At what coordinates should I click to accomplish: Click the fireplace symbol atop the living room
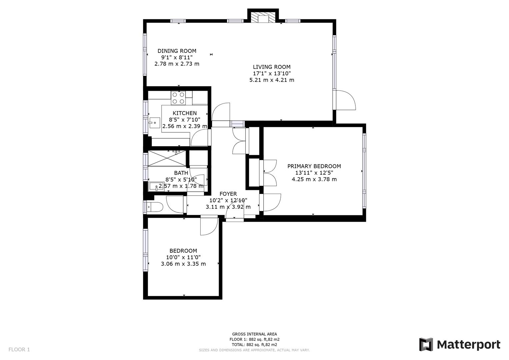click(x=263, y=18)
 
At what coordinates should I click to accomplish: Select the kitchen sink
click(x=154, y=123)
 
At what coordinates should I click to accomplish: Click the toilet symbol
click(x=155, y=207)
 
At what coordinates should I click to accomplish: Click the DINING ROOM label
click(x=177, y=51)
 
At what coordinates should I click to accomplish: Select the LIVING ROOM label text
click(x=272, y=67)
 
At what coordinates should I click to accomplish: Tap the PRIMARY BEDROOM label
click(x=314, y=166)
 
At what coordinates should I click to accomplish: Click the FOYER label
click(x=228, y=194)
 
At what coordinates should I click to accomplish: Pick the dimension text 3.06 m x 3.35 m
click(x=183, y=264)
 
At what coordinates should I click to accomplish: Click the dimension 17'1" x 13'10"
click(x=272, y=74)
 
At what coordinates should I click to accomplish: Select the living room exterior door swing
click(x=346, y=100)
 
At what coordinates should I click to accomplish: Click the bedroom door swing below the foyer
click(x=208, y=227)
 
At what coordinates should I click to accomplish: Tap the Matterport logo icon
click(x=426, y=344)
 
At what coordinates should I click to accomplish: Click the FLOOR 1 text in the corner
click(x=19, y=350)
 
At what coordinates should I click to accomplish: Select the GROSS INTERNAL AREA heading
click(x=254, y=334)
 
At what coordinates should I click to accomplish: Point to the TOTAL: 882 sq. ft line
click(x=254, y=345)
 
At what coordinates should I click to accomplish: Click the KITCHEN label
click(x=184, y=113)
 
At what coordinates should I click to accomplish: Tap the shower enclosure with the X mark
click(x=167, y=158)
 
